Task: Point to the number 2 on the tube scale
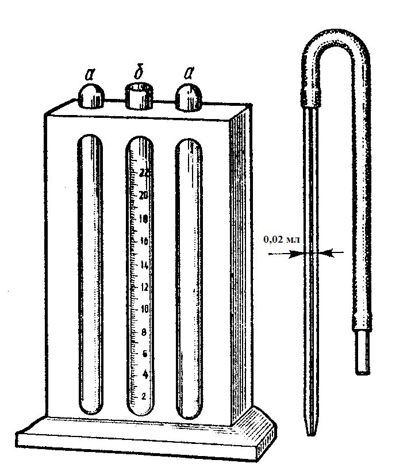click(143, 396)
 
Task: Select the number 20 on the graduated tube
click(143, 195)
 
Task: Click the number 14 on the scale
click(143, 265)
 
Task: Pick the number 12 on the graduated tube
click(143, 288)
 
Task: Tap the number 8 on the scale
click(143, 332)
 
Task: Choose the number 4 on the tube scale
click(143, 374)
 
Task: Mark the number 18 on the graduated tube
click(143, 219)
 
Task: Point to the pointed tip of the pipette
click(311, 432)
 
